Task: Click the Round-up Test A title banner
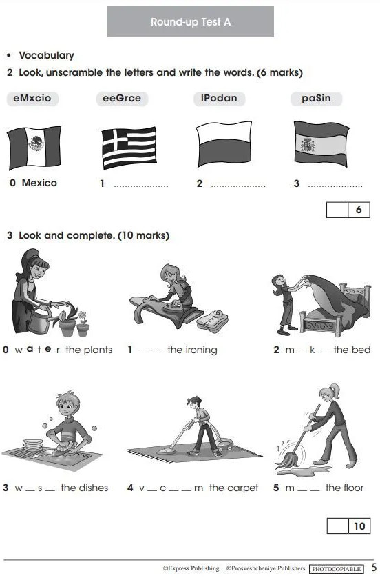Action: tap(191, 21)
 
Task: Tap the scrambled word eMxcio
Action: tap(32, 99)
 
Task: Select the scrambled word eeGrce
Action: tap(122, 99)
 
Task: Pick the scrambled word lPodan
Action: tap(219, 99)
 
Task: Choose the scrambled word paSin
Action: tap(317, 99)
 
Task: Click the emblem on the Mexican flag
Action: tap(36, 143)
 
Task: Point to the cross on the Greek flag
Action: tap(115, 141)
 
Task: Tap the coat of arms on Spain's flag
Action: tap(308, 145)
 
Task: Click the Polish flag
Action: tap(224, 144)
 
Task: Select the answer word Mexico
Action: tap(39, 183)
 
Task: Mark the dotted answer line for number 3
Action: tap(335, 186)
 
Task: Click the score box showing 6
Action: tap(348, 210)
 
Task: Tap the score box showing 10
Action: tap(348, 526)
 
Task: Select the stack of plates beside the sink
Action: tap(33, 445)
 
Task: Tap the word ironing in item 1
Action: tap(202, 350)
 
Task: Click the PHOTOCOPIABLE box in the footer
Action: tap(336, 569)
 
